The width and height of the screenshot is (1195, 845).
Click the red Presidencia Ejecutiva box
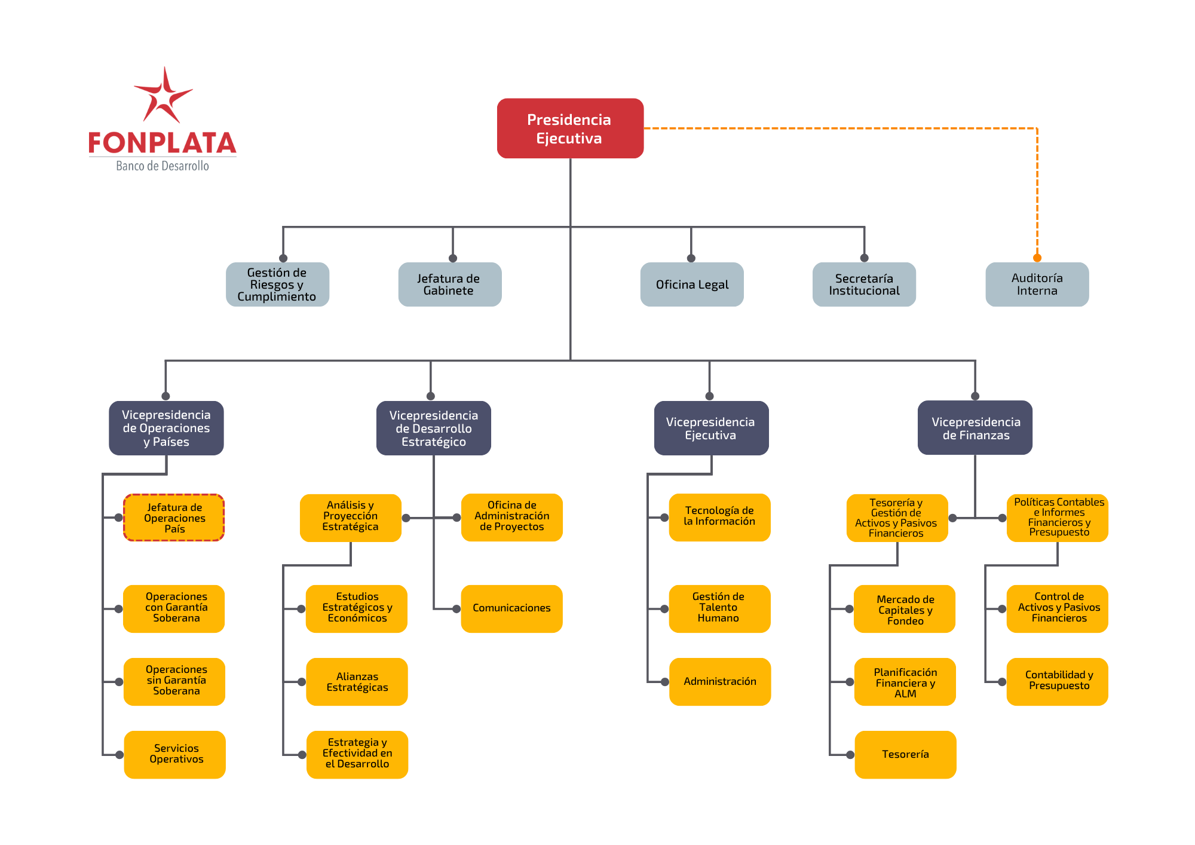570,128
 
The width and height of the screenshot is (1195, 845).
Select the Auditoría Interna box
1037,284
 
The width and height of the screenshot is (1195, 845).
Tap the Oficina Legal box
692,284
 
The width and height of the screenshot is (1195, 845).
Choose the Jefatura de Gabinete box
450,284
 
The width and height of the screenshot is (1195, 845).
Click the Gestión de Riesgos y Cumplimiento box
277,284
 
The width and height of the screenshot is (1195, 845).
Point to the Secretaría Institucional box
864,284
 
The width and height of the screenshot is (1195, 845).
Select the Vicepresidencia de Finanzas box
975,428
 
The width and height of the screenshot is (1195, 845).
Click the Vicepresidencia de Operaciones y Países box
166,428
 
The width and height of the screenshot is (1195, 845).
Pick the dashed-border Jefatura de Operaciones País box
174,518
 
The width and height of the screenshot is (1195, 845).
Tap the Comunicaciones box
512,608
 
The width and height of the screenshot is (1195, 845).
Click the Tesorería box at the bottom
905,754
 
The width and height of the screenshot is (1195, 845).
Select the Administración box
720,681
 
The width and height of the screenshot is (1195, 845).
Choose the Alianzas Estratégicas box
357,681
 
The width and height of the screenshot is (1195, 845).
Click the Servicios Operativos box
174,754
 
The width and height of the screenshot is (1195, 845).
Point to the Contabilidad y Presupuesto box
1058,681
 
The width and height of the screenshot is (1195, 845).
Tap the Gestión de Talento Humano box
720,608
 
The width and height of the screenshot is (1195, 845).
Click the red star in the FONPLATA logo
163,96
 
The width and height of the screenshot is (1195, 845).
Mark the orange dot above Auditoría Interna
1037,258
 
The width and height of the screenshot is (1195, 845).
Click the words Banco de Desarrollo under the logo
163,166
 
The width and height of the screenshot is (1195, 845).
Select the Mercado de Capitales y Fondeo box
905,608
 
